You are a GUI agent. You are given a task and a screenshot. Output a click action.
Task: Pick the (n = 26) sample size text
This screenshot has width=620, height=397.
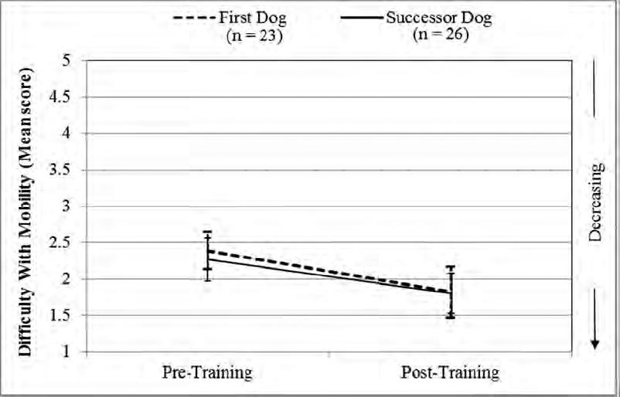(x=440, y=35)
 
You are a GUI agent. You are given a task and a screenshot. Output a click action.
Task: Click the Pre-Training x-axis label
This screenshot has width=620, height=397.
(x=206, y=373)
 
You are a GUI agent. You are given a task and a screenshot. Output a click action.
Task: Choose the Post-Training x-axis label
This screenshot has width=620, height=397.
(x=451, y=373)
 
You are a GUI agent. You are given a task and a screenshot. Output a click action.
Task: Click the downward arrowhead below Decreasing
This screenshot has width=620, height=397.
(x=594, y=343)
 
